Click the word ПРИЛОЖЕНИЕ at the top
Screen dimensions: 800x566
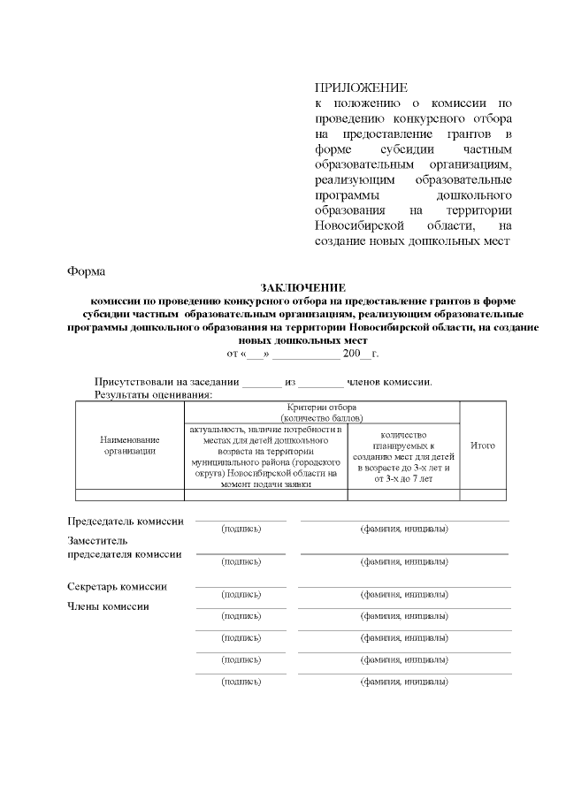coord(361,88)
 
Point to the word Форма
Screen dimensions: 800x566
coord(87,270)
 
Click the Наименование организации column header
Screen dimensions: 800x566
coord(129,446)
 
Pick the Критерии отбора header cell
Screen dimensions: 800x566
coord(322,411)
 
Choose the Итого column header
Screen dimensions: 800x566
coord(482,446)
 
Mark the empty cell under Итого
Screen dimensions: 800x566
coord(482,495)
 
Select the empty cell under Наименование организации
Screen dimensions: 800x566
coord(129,495)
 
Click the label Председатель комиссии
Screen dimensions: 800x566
coord(126,521)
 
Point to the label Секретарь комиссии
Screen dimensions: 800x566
coord(118,586)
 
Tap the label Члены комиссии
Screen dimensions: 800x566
coord(109,606)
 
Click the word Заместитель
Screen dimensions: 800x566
coord(99,540)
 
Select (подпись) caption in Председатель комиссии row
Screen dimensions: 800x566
coord(241,529)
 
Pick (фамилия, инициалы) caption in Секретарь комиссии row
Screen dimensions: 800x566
coord(403,594)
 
